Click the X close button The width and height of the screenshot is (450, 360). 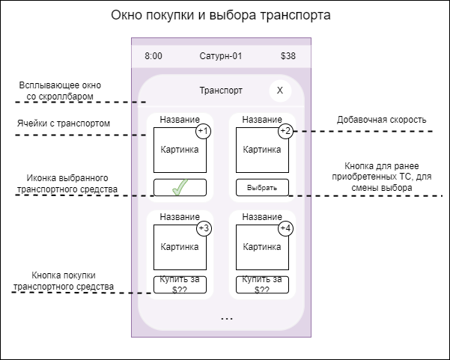click(280, 91)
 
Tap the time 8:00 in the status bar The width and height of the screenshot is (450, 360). click(153, 56)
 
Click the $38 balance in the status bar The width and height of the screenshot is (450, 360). click(288, 56)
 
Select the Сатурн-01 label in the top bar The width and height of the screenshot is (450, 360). click(221, 56)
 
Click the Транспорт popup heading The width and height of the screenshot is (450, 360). click(221, 91)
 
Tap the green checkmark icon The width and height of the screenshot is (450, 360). click(180, 188)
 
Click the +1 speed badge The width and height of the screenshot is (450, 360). click(204, 132)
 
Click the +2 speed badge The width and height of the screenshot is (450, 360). click(285, 132)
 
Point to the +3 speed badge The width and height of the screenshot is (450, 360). click(204, 228)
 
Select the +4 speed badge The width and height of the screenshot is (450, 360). click(285, 228)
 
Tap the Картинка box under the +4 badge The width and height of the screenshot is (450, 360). click(261, 246)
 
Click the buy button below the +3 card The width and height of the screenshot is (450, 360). click(180, 284)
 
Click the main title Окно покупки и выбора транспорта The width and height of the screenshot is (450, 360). click(220, 16)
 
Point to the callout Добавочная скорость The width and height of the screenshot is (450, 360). click(381, 120)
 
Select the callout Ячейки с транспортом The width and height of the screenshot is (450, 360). click(64, 123)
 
